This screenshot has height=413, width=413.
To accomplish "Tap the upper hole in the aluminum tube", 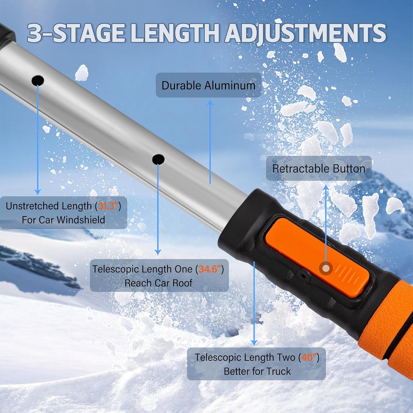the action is click(38, 80).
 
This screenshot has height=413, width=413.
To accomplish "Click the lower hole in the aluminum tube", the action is click(158, 159).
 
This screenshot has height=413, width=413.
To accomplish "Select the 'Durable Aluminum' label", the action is click(208, 85).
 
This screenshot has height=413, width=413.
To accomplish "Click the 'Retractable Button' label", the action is click(319, 169).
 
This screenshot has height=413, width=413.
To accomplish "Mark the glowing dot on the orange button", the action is click(326, 269).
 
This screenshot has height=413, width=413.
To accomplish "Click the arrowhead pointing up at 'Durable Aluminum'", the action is click(210, 102).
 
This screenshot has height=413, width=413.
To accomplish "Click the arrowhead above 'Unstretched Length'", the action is click(38, 192).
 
